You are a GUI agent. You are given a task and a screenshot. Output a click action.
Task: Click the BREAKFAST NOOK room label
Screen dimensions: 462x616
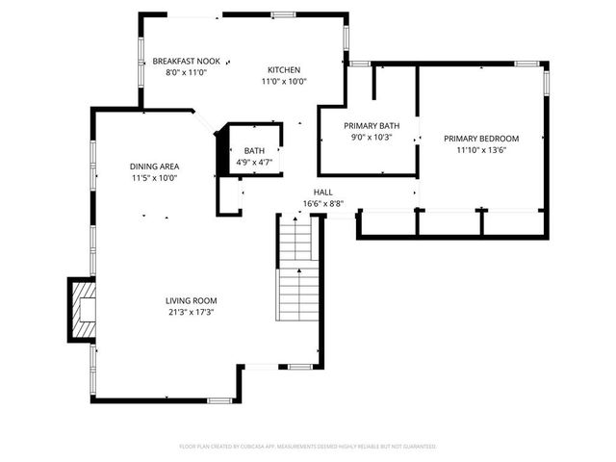186,61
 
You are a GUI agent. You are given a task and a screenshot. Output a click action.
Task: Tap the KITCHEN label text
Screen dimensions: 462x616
284,70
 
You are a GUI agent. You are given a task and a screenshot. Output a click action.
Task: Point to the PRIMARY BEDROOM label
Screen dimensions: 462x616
480,138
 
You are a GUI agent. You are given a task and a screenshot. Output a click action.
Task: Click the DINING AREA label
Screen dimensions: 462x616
155,166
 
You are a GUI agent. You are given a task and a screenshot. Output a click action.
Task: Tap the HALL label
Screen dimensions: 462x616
323,192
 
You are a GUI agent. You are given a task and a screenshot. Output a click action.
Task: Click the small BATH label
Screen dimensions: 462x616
254,151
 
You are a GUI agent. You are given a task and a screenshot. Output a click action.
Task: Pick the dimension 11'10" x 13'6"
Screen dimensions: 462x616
480,150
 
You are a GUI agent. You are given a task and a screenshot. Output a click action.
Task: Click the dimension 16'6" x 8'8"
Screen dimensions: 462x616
323,204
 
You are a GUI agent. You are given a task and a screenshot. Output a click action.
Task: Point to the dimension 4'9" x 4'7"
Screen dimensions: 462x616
254,163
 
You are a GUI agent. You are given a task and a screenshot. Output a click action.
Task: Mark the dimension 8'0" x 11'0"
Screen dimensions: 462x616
186,72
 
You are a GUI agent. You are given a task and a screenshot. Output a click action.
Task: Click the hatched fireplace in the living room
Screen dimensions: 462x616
83,309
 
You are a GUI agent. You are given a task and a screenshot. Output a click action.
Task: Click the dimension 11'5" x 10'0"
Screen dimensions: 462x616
155,178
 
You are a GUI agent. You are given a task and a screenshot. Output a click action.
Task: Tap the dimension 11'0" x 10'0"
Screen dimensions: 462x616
284,82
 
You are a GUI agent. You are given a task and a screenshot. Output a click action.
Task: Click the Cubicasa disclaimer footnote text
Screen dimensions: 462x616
308,447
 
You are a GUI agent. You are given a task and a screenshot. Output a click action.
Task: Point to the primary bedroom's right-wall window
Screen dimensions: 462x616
548,81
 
